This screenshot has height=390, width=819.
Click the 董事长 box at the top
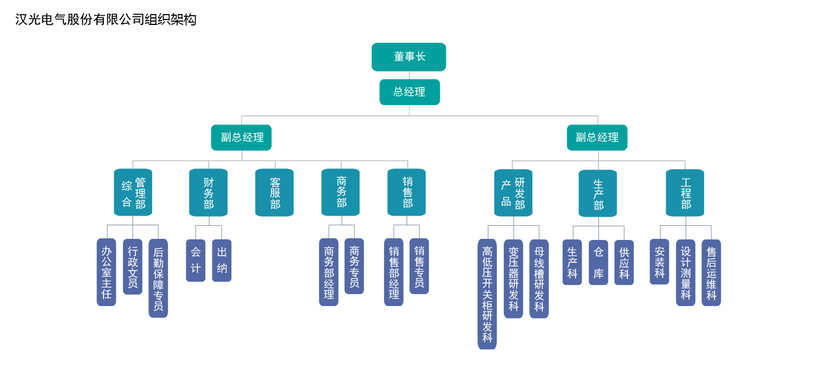[409, 57]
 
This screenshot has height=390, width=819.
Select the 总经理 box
[409, 92]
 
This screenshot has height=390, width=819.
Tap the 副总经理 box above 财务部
[242, 138]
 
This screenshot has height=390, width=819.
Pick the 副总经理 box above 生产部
[597, 138]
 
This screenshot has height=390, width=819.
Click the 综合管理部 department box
[133, 192]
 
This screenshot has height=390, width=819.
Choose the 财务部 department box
[209, 192]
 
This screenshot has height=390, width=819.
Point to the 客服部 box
[274, 192]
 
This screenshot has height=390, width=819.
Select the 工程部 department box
[685, 193]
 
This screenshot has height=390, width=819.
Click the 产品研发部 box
[513, 193]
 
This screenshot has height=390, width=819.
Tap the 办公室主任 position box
[106, 272]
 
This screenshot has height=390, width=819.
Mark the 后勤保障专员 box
[158, 278]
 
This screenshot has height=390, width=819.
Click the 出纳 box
[222, 260]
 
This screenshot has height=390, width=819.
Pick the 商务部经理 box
[329, 272]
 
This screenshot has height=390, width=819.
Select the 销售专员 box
[419, 266]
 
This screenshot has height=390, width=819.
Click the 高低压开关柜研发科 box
[487, 294]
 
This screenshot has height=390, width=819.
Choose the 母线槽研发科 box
[539, 278]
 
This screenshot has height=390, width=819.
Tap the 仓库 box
[599, 262]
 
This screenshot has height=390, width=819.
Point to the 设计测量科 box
[686, 272]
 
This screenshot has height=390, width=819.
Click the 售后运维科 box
[711, 272]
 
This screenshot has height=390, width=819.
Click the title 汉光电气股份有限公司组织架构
[106, 19]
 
